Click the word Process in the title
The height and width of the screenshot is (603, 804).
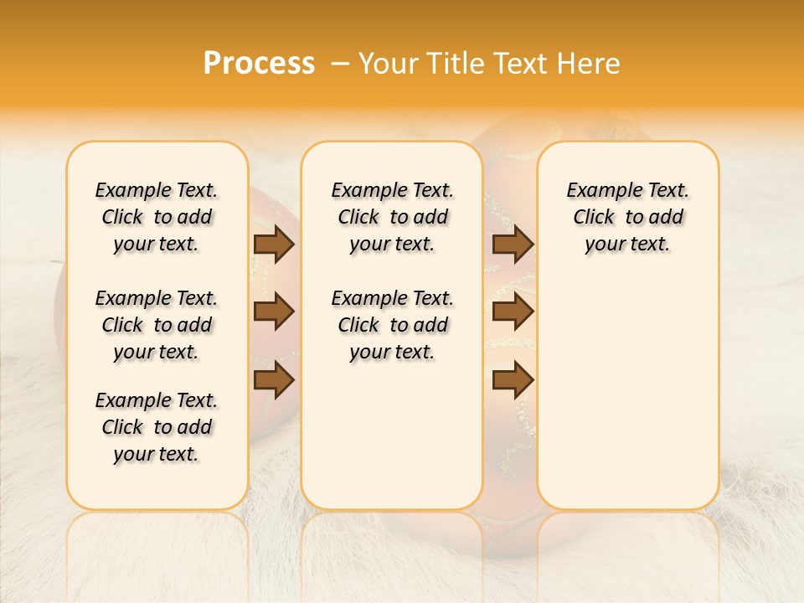(x=259, y=64)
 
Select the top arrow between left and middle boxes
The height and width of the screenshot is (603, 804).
(x=273, y=245)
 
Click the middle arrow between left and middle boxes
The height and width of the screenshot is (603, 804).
(x=273, y=312)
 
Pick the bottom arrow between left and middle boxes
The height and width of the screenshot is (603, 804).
(x=273, y=379)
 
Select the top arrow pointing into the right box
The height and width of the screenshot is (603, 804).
(x=513, y=245)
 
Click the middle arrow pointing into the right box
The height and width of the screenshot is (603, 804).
(x=513, y=312)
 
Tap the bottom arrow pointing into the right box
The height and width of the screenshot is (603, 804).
(x=513, y=379)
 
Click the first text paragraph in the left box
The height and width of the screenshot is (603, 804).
(x=157, y=217)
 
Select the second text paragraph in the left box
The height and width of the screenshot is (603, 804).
(x=157, y=325)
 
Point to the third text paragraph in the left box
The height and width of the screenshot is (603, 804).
(x=157, y=427)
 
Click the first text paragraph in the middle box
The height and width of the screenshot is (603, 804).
(x=392, y=217)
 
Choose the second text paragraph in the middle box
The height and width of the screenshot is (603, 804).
(x=392, y=325)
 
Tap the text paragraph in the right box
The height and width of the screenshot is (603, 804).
(x=627, y=217)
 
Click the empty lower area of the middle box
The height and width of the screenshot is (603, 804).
(x=392, y=435)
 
